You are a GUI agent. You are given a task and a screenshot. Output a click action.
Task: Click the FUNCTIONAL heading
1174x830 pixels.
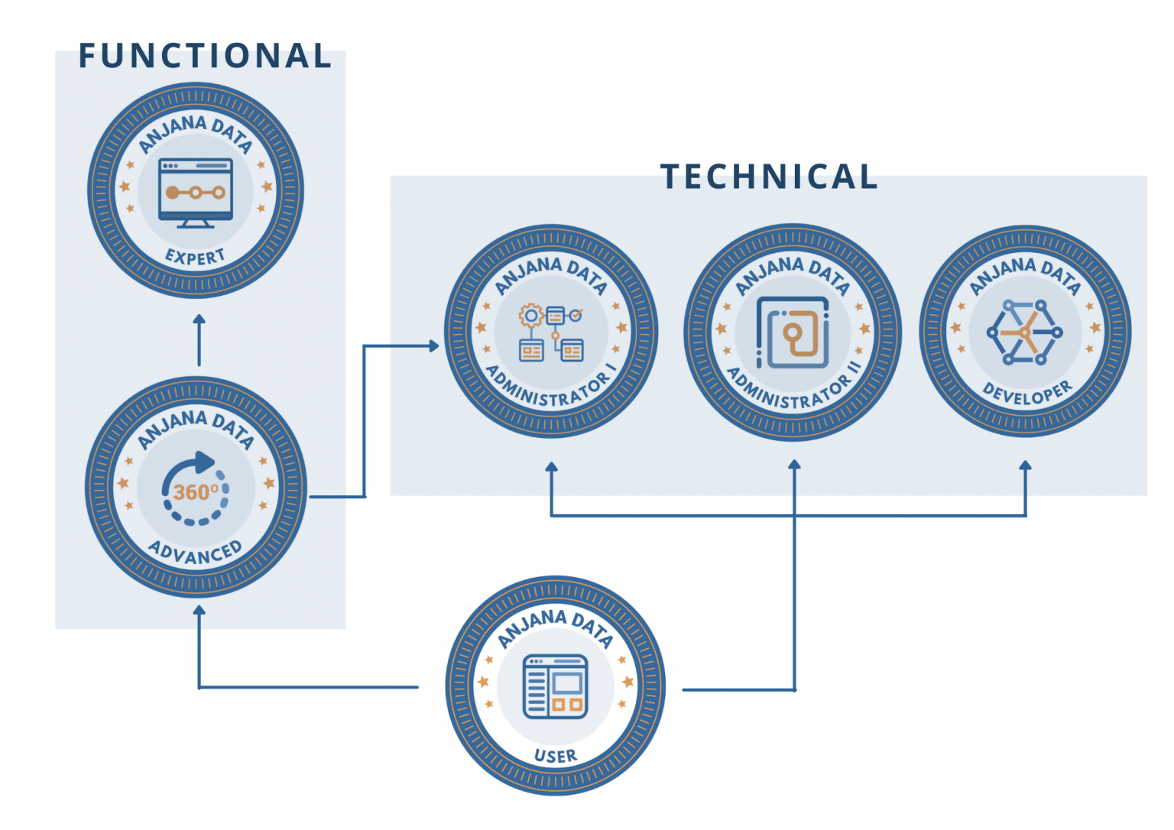205,57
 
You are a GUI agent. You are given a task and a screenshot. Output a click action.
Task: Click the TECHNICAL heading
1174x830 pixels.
769,177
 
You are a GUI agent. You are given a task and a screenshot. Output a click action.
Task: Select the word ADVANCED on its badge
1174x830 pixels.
195,552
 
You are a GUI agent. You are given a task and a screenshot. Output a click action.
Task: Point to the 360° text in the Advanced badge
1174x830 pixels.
195,491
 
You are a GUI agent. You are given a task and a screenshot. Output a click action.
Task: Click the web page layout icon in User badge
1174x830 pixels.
555,686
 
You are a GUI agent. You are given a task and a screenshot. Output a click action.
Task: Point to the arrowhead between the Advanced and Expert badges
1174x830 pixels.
199,319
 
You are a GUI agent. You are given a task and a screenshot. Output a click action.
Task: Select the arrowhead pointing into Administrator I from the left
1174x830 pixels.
434,346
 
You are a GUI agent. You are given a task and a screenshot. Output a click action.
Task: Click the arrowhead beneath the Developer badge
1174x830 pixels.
1026,465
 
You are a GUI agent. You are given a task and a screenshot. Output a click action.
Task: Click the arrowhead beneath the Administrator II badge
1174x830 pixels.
794,464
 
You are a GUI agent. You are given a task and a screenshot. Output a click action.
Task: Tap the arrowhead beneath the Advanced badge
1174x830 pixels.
199,610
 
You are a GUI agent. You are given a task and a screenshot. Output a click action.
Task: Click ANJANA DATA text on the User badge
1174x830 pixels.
555,625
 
